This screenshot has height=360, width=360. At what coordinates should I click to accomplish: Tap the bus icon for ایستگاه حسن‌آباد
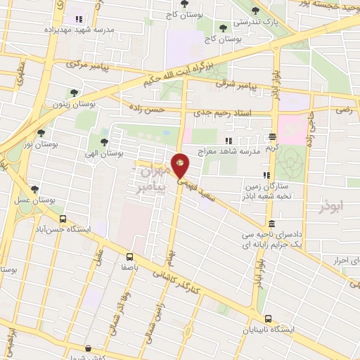pos(63,219)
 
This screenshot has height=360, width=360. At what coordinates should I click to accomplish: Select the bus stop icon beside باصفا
pos(129,257)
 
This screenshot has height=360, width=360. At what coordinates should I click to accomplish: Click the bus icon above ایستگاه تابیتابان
pos(266,318)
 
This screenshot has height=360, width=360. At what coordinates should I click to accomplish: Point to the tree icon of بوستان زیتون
pos(75,92)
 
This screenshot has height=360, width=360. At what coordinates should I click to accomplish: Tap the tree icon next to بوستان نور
pos(41,132)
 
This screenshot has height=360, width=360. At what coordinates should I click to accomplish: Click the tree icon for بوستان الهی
pos(104,142)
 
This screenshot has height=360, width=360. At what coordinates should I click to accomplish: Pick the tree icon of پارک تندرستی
pos(255,12)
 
